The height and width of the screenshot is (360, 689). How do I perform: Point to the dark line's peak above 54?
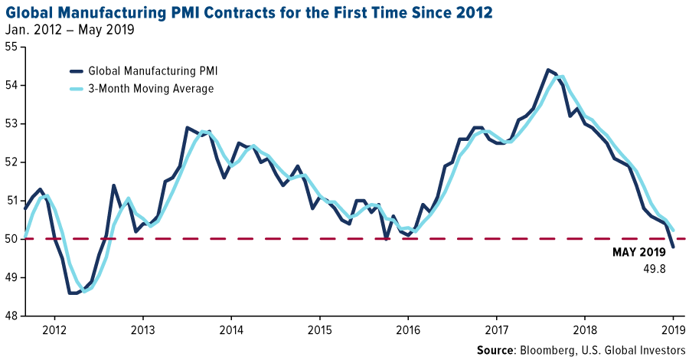[x=547, y=70]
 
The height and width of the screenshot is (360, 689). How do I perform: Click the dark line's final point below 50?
[x=674, y=247]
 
